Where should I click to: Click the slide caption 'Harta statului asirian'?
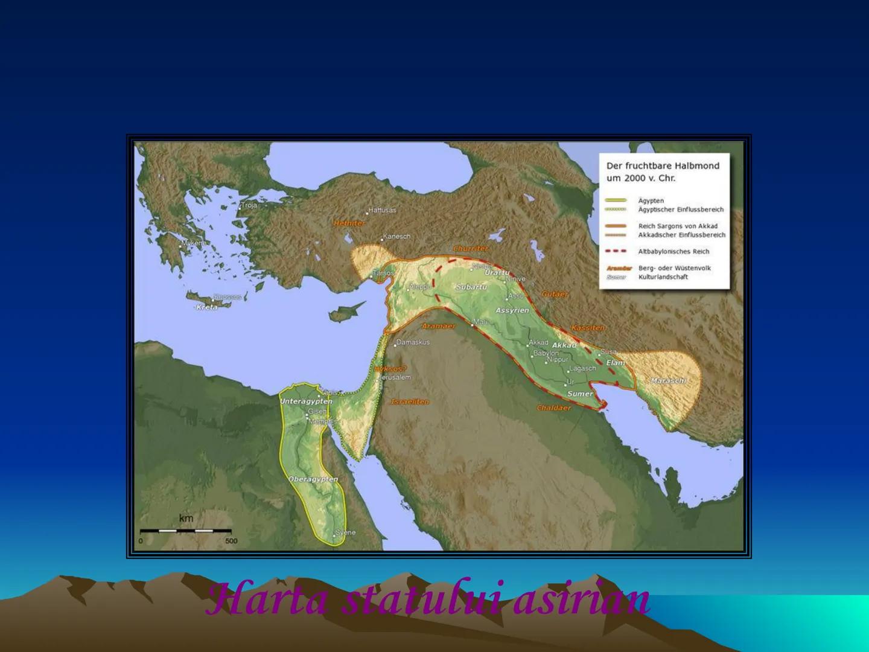click(428, 599)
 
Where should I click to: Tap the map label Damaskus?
click(413, 342)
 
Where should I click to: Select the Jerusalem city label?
click(395, 377)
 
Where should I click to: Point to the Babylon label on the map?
click(546, 353)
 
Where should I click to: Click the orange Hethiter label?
click(349, 223)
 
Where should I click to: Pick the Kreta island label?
click(206, 307)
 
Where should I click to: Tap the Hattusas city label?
click(382, 210)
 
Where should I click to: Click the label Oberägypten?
click(313, 479)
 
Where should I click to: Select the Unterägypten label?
click(306, 401)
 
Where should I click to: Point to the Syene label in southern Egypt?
click(345, 532)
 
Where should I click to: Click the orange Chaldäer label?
click(553, 408)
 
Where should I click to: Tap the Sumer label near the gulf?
click(580, 394)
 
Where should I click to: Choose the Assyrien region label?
click(512, 310)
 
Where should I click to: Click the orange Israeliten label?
click(410, 401)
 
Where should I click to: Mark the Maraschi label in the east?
click(668, 381)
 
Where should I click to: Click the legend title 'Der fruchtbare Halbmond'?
click(663, 165)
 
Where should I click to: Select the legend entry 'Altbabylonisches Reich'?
click(673, 252)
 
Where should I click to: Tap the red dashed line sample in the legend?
click(616, 251)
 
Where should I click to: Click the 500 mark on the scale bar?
click(231, 541)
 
